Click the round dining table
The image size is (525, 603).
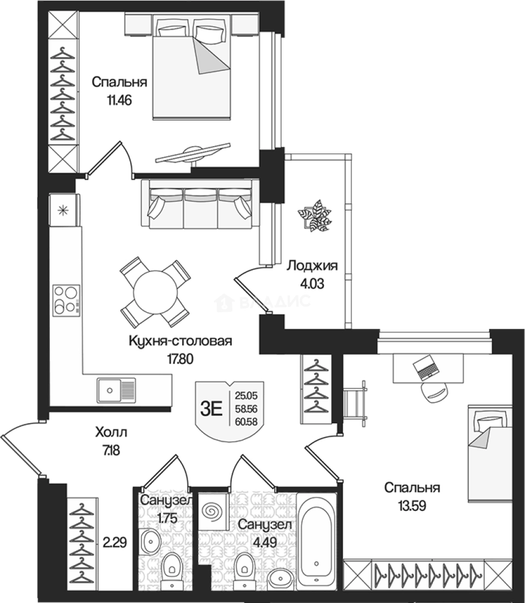(155, 293)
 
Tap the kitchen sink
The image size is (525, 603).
(116, 390)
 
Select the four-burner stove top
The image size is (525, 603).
(66, 300)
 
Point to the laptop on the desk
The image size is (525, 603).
(426, 368)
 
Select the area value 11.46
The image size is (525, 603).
(120, 100)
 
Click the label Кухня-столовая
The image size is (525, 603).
(180, 341)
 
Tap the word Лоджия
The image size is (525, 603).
(312, 265)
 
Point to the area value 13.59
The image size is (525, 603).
(412, 505)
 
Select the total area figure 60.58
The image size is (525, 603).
(246, 422)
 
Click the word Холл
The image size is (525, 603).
(111, 432)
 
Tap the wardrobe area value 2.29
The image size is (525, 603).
(114, 543)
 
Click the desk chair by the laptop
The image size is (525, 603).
(435, 393)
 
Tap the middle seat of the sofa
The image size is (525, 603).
(200, 208)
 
